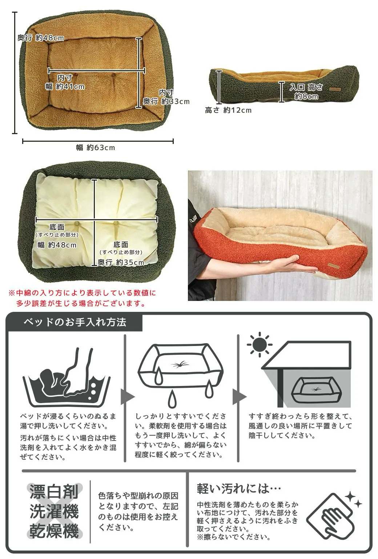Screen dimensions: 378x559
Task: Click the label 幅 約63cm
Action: (x=96, y=148)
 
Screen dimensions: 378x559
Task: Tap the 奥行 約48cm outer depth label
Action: (x=41, y=38)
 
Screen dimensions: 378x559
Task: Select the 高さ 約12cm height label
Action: (x=228, y=110)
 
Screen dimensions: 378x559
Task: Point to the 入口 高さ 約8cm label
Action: (x=306, y=91)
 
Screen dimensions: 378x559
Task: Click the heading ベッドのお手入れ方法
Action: (x=75, y=322)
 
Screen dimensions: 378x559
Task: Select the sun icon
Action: (x=260, y=345)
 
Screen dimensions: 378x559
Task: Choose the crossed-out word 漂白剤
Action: (x=54, y=492)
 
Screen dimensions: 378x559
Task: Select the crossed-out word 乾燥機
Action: (x=54, y=531)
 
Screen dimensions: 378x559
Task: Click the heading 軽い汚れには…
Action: (x=239, y=488)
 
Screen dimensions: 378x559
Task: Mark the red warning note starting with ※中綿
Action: (x=83, y=298)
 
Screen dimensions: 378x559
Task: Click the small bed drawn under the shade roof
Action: (x=315, y=390)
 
